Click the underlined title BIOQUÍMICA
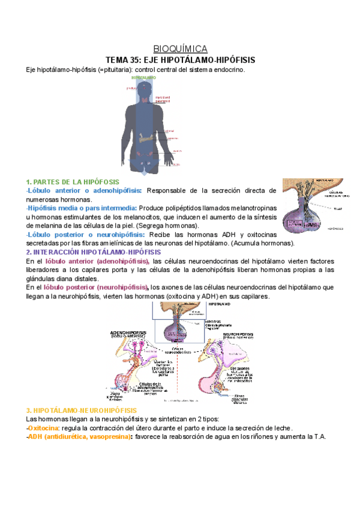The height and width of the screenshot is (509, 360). [x=180, y=49]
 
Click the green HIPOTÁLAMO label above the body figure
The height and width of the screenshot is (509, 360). [x=143, y=77]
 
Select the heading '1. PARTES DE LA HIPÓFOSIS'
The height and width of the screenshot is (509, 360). [x=73, y=182]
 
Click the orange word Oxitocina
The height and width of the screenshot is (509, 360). [x=43, y=428]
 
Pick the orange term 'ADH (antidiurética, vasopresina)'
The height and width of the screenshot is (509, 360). [x=80, y=437]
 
